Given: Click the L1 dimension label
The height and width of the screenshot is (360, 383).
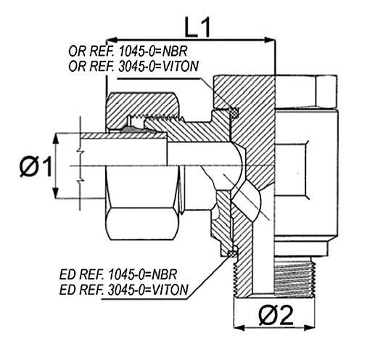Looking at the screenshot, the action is pyautogui.click(x=197, y=28).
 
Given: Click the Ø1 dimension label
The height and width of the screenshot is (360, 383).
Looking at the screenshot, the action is pyautogui.click(x=36, y=167).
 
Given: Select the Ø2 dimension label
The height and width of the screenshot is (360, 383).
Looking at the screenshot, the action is pyautogui.click(x=276, y=315).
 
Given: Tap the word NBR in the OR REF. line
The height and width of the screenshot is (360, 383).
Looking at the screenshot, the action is pyautogui.click(x=175, y=52).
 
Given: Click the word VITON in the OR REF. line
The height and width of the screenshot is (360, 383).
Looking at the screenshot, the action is pyautogui.click(x=181, y=66).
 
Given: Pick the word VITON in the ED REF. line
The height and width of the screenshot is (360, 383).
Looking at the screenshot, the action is pyautogui.click(x=170, y=290).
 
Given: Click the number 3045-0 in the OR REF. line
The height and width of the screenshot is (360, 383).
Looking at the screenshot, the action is pyautogui.click(x=137, y=66).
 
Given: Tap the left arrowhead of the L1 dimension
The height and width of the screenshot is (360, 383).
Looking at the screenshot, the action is pyautogui.click(x=112, y=40).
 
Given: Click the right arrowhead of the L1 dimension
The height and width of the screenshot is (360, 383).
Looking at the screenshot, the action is pyautogui.click(x=270, y=40).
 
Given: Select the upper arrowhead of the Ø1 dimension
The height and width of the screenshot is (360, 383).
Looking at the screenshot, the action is pyautogui.click(x=56, y=139).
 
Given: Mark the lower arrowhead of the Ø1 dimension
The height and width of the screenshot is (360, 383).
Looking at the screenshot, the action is pyautogui.click(x=56, y=192).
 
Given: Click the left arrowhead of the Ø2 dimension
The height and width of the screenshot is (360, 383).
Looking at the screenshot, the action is pyautogui.click(x=239, y=327).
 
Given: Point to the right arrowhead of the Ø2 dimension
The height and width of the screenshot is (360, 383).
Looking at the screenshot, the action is pyautogui.click(x=309, y=327).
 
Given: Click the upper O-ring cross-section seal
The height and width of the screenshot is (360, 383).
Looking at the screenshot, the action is pyautogui.click(x=234, y=112).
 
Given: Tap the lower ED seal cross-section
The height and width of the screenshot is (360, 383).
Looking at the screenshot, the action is pyautogui.click(x=232, y=254).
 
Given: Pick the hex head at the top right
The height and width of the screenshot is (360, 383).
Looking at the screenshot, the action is pyautogui.click(x=307, y=91).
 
